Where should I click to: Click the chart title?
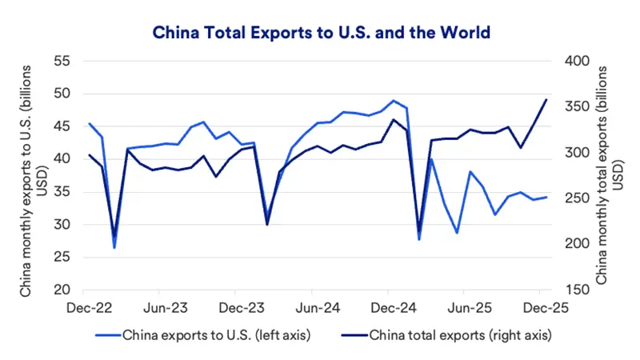[319, 33]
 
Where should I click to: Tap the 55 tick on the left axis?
[62, 62]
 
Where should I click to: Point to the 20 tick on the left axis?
[62, 290]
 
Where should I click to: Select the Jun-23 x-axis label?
[166, 306]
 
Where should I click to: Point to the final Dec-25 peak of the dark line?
[546, 100]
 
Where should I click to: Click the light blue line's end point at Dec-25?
[546, 197]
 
